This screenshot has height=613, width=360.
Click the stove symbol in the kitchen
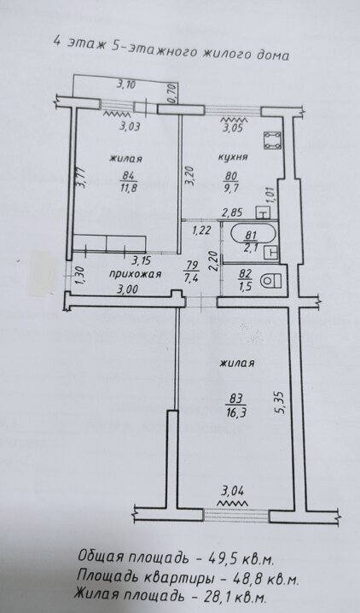pos(272,140)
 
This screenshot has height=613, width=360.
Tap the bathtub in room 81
pos(253,236)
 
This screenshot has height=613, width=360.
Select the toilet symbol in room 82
pos(272,281)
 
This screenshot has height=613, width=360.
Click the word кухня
pos(233,157)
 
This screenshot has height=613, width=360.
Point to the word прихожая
pos(135,274)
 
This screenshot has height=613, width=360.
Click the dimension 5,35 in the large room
pos(283,403)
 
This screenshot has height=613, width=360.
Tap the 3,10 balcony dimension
pos(125,85)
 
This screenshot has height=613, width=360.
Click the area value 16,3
pos(236,412)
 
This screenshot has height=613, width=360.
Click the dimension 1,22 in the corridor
pos(201,231)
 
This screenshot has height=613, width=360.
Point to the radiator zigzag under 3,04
pos(236,504)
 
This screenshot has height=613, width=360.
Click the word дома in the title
pos(275,55)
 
